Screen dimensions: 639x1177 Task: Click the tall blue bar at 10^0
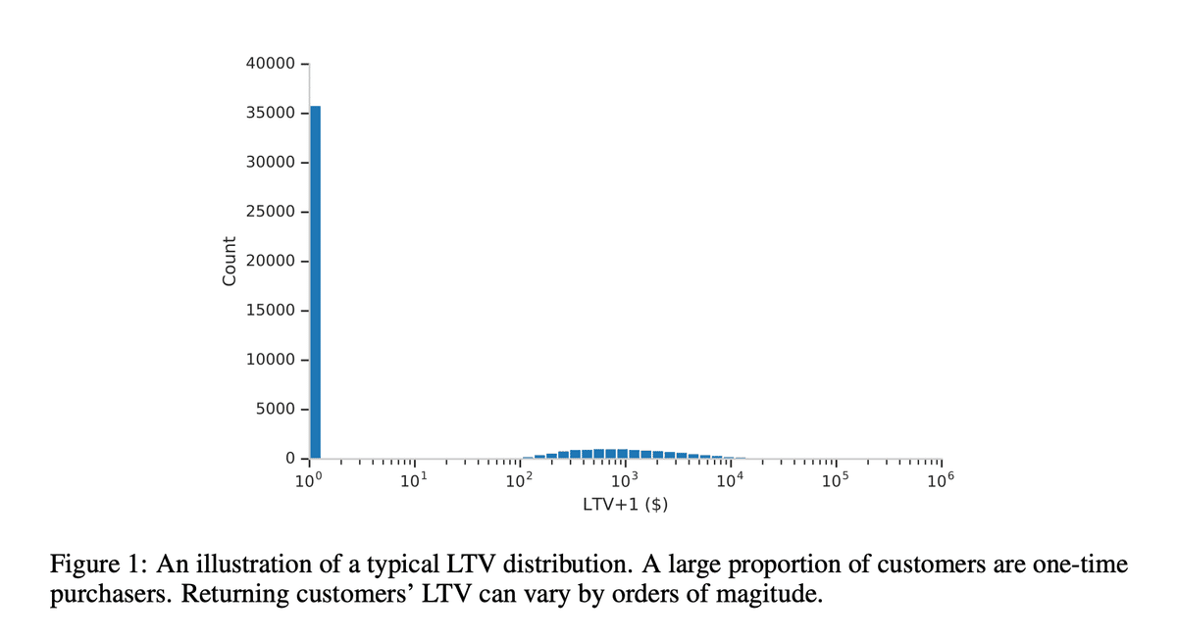(316, 281)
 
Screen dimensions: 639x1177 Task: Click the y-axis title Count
(230, 262)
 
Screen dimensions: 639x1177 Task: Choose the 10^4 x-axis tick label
(730, 480)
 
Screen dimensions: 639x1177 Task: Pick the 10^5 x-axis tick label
(835, 480)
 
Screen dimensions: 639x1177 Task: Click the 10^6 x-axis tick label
(940, 480)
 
